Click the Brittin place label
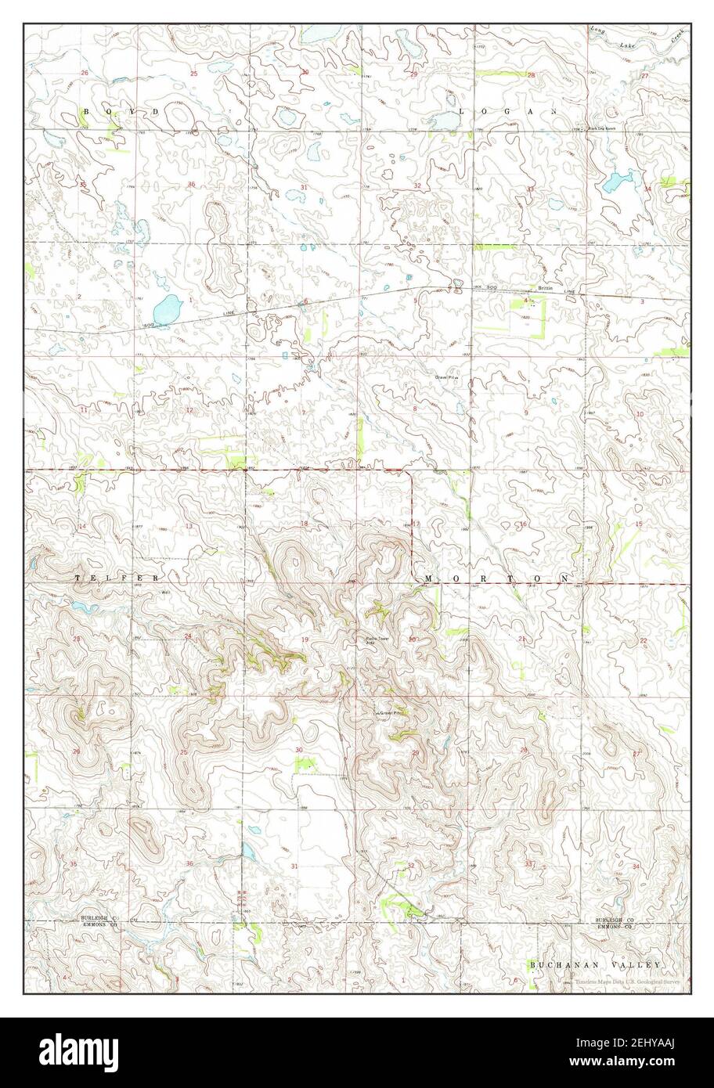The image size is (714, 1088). (545, 288)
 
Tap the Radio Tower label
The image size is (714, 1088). (377, 638)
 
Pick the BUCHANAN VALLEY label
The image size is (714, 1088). (595, 965)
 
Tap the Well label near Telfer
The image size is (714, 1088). (165, 593)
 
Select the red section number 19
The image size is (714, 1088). (305, 640)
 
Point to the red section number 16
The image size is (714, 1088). (523, 524)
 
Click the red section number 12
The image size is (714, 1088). (189, 410)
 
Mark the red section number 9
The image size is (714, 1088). (526, 413)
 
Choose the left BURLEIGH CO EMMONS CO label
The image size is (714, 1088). (98, 921)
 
